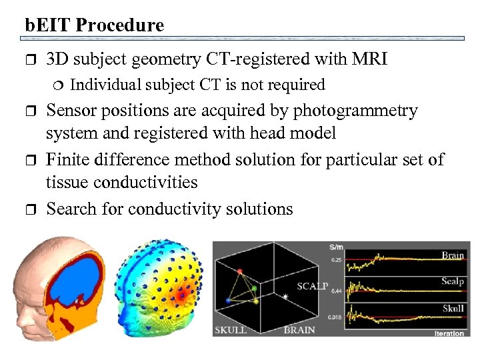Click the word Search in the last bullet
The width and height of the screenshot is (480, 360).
tap(71, 209)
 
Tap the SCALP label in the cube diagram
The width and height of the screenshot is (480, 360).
tap(313, 286)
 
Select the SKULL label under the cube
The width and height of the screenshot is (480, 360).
tap(231, 330)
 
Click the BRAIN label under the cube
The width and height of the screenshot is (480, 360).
tap(299, 330)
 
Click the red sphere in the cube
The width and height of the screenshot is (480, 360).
tap(239, 271)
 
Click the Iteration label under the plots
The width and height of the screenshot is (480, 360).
tap(450, 333)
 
